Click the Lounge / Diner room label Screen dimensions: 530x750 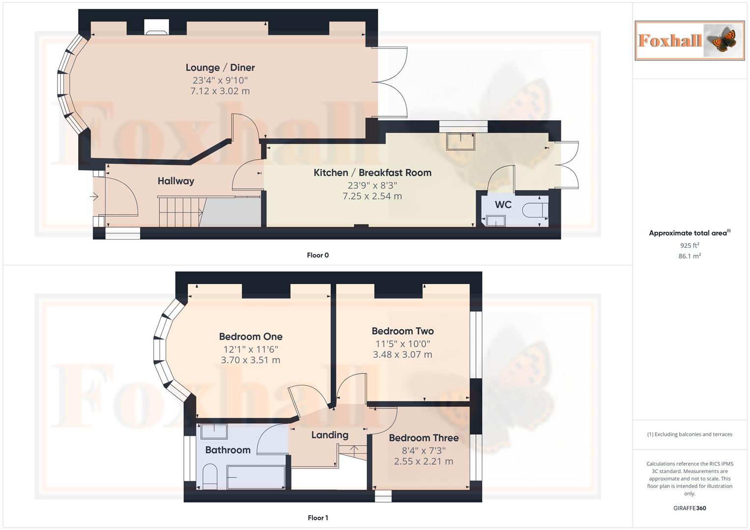220,68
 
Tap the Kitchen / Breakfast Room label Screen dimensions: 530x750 372,173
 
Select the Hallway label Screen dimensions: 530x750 176,181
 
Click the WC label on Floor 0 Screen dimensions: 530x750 503,205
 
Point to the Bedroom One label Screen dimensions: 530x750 250,337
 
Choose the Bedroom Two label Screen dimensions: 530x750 402,331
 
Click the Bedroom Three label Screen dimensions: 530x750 423,438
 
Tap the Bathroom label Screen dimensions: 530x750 227,450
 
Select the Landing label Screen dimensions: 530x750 330,435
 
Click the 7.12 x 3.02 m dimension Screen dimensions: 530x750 220,91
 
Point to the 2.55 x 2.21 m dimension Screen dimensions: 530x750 423,461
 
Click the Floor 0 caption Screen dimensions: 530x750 318,255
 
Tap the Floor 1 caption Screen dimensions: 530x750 318,518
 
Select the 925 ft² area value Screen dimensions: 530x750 689,245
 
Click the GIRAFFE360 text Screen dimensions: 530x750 689,508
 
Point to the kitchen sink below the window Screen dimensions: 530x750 461,141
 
